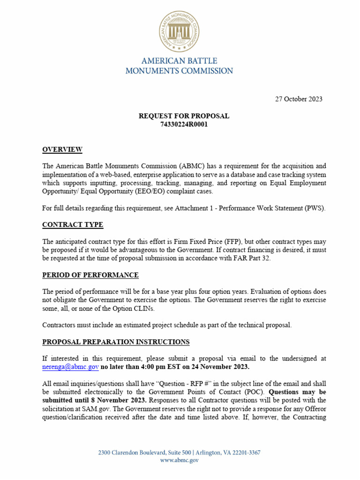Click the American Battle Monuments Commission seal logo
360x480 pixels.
pyautogui.click(x=180, y=32)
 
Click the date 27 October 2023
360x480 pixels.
pyautogui.click(x=298, y=99)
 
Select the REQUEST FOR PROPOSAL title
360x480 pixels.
pyautogui.click(x=184, y=116)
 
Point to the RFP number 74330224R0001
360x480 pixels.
pyautogui.click(x=184, y=124)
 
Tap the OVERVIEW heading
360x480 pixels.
pyautogui.click(x=62, y=150)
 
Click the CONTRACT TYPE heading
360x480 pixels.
pyautogui.click(x=73, y=225)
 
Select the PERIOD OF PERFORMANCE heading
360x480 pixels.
pyautogui.click(x=90, y=275)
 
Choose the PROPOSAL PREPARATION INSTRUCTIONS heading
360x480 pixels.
pyautogui.click(x=116, y=342)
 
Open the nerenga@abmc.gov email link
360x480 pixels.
pyautogui.click(x=70, y=367)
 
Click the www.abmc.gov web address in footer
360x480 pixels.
pyautogui.click(x=180, y=461)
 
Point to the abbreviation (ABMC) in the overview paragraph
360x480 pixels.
pyautogui.click(x=191, y=166)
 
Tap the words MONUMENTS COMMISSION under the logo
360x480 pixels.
pyautogui.click(x=180, y=71)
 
